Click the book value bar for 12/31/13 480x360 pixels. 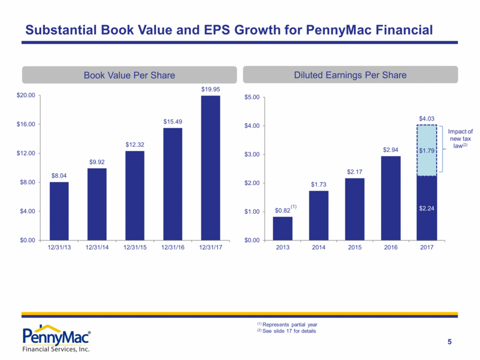[x=59, y=211]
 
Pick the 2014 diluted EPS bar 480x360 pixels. [x=319, y=215]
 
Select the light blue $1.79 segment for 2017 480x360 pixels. [x=427, y=150]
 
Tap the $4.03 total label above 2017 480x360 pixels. [x=427, y=118]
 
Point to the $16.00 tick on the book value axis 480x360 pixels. [x=27, y=124]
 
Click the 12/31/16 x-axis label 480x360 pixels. [x=172, y=248]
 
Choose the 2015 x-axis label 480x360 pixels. [x=355, y=248]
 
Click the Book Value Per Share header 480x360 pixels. [x=130, y=75]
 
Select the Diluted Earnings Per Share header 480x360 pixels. [x=350, y=75]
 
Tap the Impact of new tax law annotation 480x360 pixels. [x=461, y=139]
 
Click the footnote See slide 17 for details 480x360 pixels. [x=289, y=331]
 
